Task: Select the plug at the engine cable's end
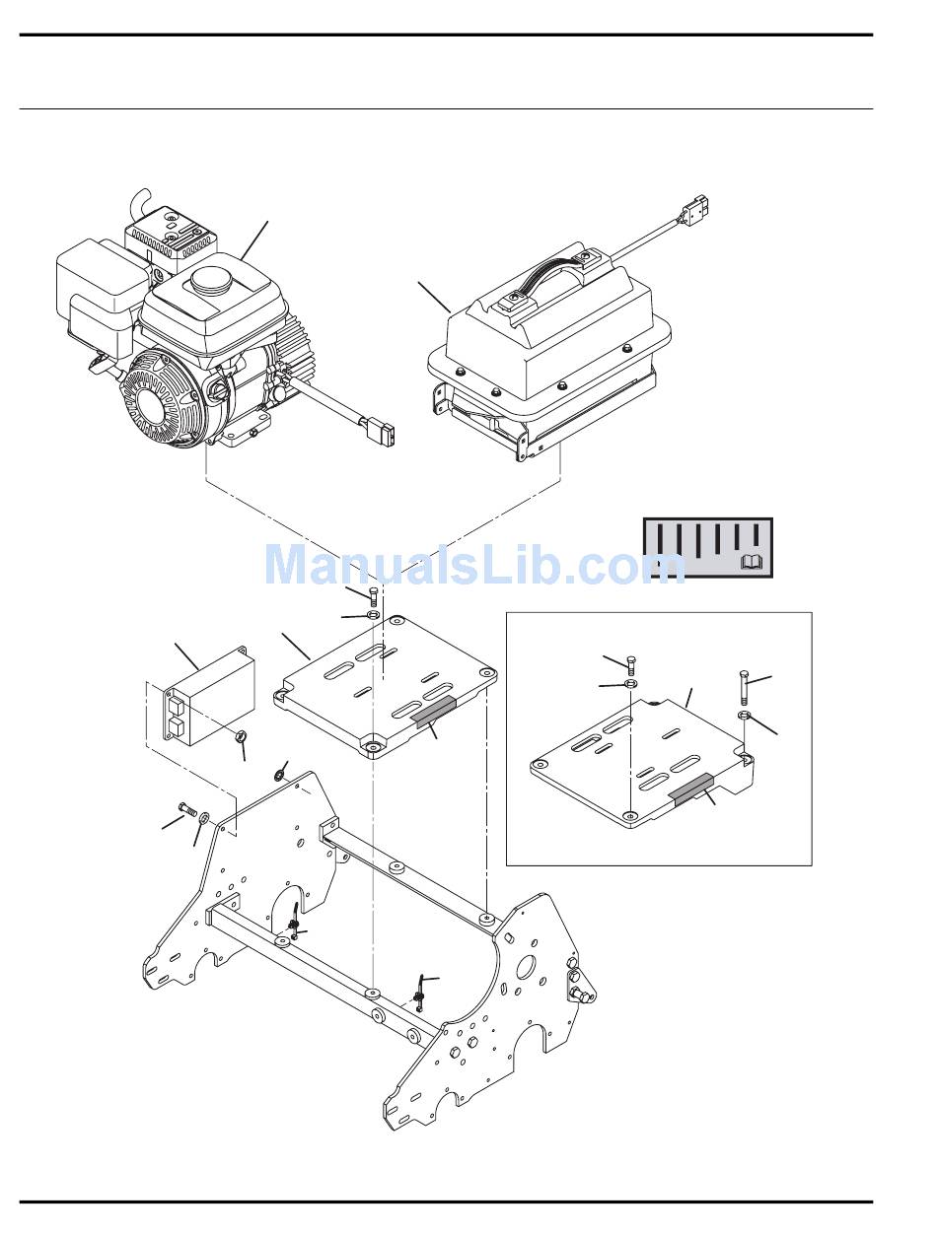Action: pos(383,433)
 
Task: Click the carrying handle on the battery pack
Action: pos(549,275)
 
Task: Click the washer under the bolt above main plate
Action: pos(373,614)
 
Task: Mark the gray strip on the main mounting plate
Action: pos(434,712)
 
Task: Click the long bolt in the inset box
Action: pos(745,688)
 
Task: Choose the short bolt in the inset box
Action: pos(631,665)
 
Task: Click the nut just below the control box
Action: pos(242,735)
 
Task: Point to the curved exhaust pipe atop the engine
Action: pos(141,202)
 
